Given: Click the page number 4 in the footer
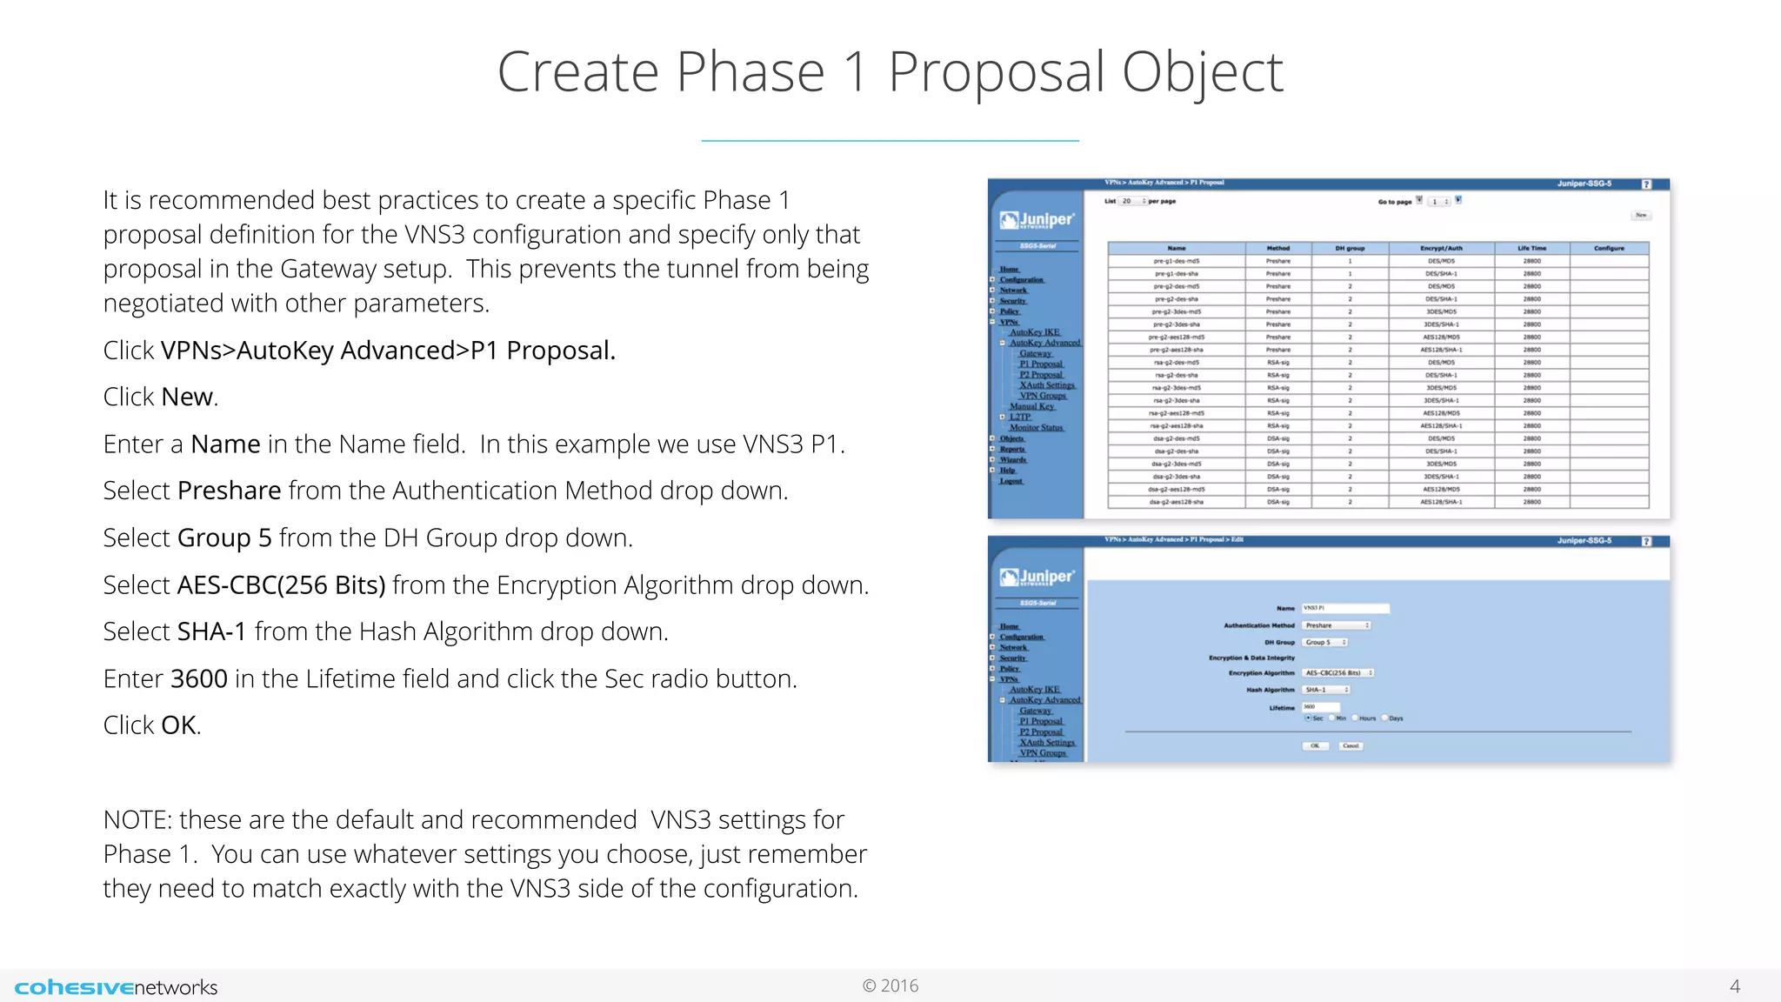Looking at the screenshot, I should (1734, 986).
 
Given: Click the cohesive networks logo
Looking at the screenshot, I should (116, 987).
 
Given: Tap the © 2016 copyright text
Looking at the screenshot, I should (890, 985).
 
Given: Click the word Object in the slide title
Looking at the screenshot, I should (1202, 72).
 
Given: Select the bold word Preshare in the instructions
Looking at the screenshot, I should (229, 491).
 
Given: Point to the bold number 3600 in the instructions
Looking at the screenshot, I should (199, 678).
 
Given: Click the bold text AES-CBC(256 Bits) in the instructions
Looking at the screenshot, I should (281, 585).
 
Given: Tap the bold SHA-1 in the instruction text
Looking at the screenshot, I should (211, 631).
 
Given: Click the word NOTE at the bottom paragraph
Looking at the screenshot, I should (137, 820).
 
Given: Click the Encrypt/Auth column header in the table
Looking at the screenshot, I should (1441, 249).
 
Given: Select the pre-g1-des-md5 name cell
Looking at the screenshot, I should (1176, 261).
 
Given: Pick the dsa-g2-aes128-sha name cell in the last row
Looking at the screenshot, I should (1176, 502).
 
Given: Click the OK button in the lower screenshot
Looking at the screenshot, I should (1315, 745).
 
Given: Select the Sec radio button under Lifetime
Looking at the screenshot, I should (1308, 718).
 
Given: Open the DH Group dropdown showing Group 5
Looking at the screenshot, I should (1324, 642).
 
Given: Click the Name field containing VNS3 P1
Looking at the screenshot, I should (1344, 608).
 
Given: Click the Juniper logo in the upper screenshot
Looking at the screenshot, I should (1037, 220).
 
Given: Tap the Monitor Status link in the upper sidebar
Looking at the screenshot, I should (1036, 428).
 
